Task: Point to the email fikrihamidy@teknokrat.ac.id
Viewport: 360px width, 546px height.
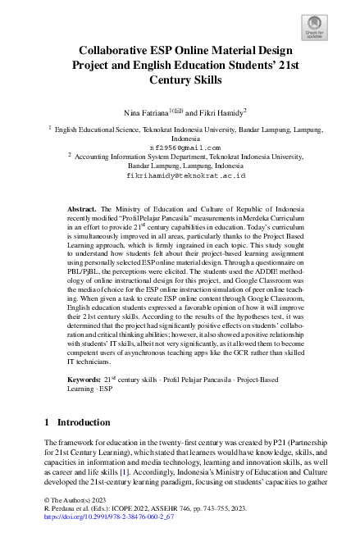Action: point(186,175)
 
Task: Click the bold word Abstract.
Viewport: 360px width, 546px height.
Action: point(83,209)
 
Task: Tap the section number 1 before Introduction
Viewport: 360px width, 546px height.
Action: point(46,422)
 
